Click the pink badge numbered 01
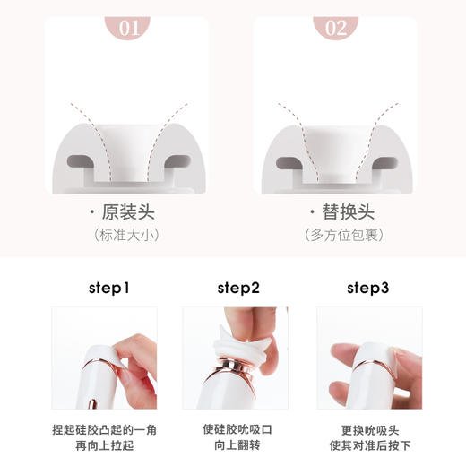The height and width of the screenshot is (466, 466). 130,27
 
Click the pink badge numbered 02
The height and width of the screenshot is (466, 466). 335,27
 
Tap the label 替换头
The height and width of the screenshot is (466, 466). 340,212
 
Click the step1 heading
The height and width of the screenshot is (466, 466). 109,289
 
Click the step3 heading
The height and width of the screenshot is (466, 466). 367,289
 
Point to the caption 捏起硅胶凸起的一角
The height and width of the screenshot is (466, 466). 105,429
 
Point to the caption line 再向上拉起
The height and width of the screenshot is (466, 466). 105,446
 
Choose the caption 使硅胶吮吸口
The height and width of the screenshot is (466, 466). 235,429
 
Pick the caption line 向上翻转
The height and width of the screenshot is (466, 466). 235,446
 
